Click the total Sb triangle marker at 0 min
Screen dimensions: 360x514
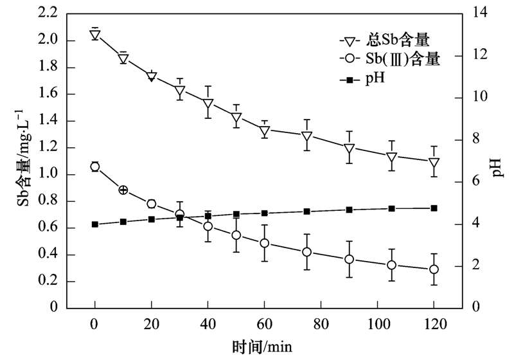[95, 35]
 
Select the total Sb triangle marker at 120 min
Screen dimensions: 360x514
[434, 163]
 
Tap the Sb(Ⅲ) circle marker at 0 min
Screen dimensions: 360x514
[95, 166]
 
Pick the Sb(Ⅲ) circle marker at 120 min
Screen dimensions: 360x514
[434, 269]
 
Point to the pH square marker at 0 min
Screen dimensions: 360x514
[95, 224]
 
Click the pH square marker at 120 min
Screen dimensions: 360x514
[434, 208]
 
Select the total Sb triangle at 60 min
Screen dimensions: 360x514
[265, 131]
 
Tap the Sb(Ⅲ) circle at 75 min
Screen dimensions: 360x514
[307, 252]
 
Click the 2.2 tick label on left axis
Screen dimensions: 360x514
[46, 14]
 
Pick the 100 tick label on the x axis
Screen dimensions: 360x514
[378, 323]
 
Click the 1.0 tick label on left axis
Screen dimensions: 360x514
[46, 174]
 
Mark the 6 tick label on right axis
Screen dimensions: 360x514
[476, 183]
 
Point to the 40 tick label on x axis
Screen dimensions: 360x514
[208, 323]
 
